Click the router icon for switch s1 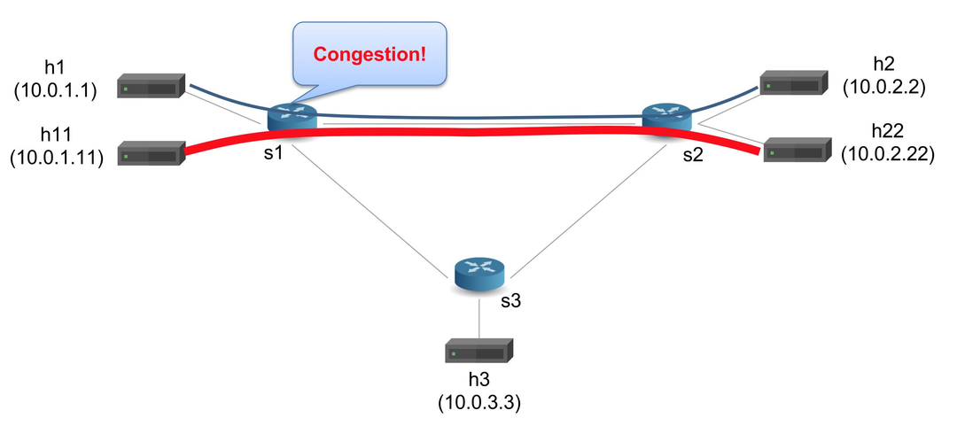point(292,116)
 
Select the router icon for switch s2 point(667,116)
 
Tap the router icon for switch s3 point(478,273)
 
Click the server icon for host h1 point(151,87)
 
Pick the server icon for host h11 point(151,155)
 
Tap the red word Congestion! point(370,54)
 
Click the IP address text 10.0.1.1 point(56,89)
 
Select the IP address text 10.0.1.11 point(56,158)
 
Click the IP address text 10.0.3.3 point(478,403)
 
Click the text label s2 point(693,155)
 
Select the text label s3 point(510,300)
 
